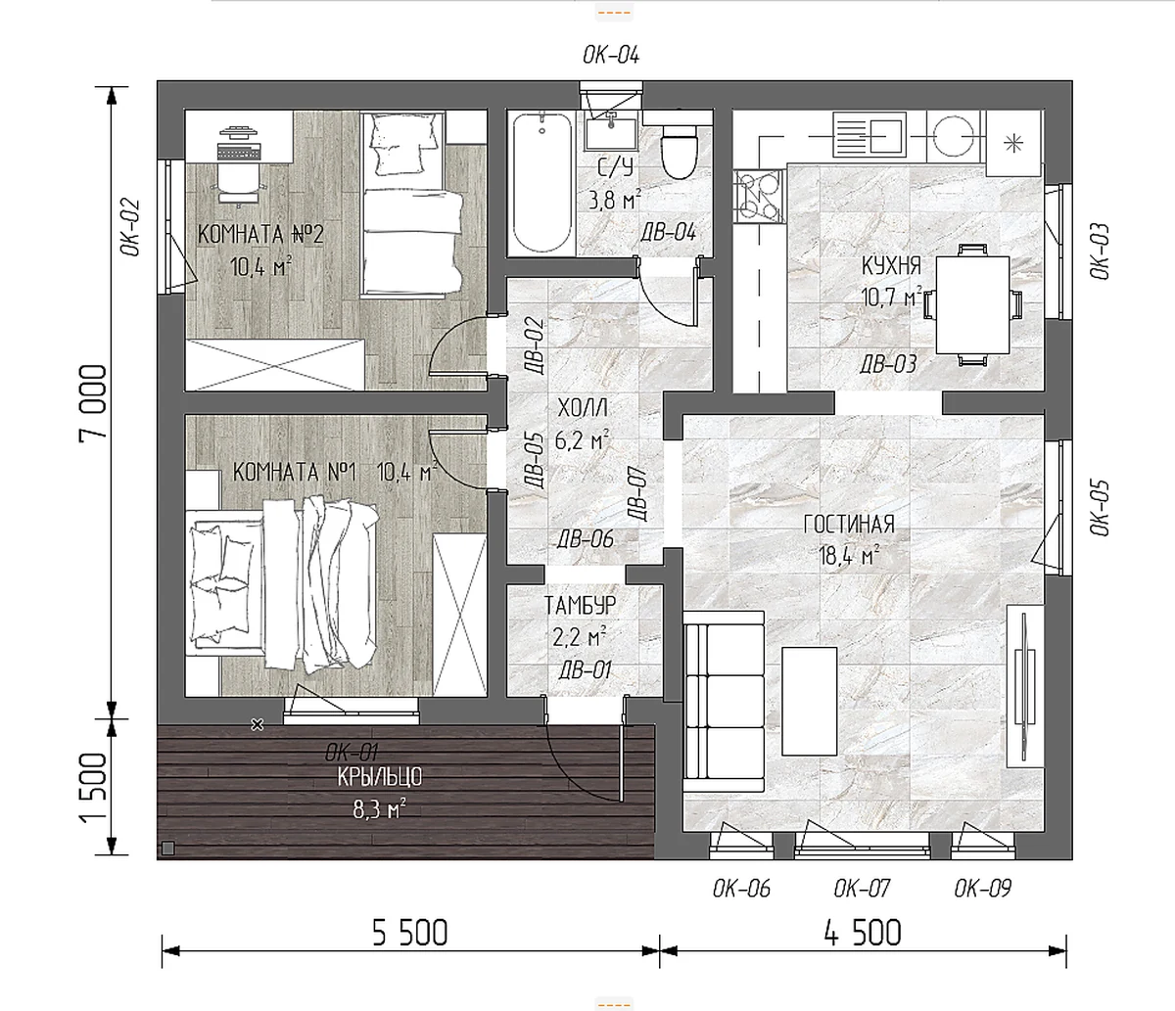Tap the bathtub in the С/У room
point(542,183)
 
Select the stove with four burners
point(758,196)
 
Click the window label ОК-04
point(611,55)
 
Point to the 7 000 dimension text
point(94,402)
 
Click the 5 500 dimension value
point(410,933)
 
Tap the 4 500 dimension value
point(863,933)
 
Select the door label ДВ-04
point(669,232)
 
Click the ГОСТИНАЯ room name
point(849,524)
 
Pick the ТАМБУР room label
point(580,606)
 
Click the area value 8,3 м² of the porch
point(380,809)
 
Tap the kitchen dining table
point(972,304)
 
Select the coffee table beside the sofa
point(810,701)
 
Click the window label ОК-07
point(862,889)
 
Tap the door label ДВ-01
point(585,670)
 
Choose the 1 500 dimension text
point(94,788)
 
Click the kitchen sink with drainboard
point(869,135)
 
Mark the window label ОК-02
point(130,227)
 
